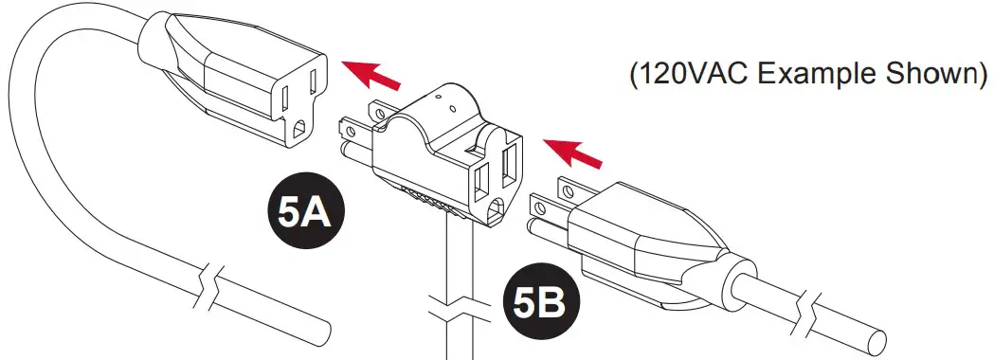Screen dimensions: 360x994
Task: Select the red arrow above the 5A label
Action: click(x=371, y=75)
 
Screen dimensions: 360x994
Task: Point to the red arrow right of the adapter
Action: click(x=573, y=153)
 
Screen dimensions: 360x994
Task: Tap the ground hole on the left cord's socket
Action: click(x=300, y=129)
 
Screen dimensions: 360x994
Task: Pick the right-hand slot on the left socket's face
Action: click(x=314, y=86)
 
